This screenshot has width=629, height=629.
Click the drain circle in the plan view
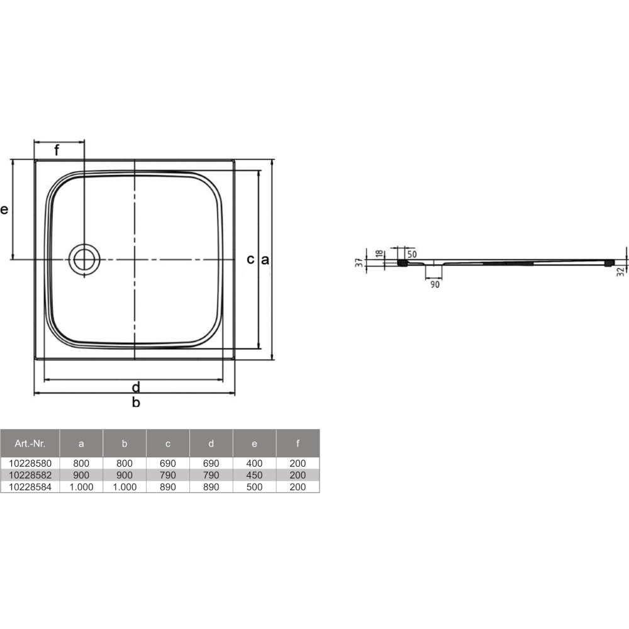click(x=69, y=260)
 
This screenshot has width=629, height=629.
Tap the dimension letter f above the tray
click(x=57, y=150)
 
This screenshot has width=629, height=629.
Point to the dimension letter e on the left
click(x=4, y=209)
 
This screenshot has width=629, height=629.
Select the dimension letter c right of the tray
click(x=251, y=260)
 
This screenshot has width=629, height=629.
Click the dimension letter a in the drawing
click(x=265, y=260)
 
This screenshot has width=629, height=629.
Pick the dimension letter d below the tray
click(x=136, y=387)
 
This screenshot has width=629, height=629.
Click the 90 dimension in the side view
click(x=435, y=284)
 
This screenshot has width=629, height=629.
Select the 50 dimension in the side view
click(x=412, y=254)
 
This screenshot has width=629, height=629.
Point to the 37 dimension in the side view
click(x=359, y=262)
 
